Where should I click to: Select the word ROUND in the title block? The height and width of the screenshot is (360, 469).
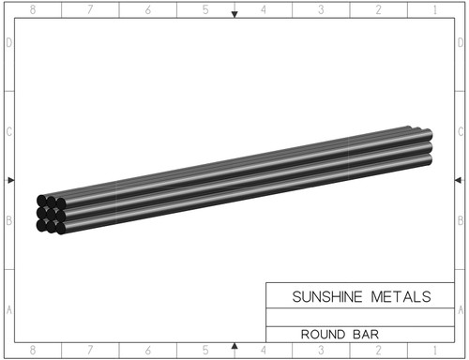pos(321,333)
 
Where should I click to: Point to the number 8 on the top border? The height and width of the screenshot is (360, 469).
pos(33,9)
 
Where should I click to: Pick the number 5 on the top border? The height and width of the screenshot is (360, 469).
pos(205,9)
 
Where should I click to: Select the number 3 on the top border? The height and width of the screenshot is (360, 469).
pos(321,9)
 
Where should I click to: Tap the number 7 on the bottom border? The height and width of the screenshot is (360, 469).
pos(90,351)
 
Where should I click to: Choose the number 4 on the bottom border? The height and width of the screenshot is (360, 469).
pos(264,351)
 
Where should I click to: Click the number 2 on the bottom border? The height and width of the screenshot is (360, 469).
pos(379,351)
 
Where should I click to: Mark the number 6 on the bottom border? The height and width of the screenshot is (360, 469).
pos(148,351)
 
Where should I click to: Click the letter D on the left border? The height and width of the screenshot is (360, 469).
pos(9,43)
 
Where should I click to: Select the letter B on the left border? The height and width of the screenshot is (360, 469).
pos(9,223)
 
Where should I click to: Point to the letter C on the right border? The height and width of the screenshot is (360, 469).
pos(459,133)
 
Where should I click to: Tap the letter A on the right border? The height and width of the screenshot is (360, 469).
pos(459,309)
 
